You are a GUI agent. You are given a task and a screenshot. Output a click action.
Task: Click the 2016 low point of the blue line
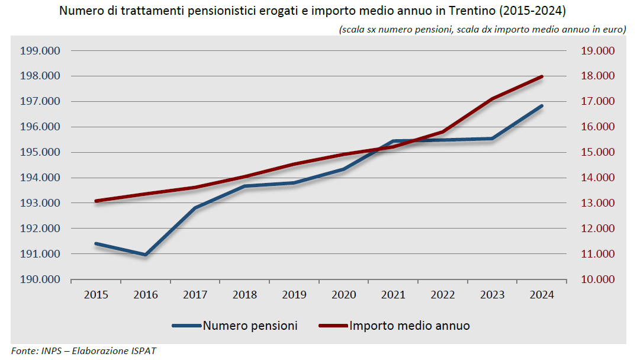pos(146,255)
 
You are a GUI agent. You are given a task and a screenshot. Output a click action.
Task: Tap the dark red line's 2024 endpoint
pos(542,76)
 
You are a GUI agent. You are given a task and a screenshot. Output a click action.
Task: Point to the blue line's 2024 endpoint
pos(542,106)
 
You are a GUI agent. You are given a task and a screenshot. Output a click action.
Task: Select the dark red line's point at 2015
pos(96,201)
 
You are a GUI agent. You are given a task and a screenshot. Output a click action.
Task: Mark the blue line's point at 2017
pos(195,208)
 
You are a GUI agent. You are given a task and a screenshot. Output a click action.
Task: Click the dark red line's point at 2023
pos(493,99)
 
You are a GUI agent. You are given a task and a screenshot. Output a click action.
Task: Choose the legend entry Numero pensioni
pos(235,326)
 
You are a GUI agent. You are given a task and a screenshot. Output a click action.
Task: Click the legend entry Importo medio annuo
pos(394,326)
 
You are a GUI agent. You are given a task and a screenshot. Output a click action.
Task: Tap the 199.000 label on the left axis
pos(40,51)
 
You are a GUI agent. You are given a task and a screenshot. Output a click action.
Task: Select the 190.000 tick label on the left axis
pos(40,279)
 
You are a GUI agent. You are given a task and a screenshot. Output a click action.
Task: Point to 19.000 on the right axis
pos(597,51)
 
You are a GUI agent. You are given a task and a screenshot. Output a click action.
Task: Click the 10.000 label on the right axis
pos(597,279)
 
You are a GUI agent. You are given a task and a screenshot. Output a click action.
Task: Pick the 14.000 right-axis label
pos(597,178)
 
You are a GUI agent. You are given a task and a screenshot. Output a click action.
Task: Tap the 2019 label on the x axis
pos(294,295)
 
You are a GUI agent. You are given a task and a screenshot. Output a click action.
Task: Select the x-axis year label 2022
pos(443,295)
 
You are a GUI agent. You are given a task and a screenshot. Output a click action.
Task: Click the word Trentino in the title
pos(472,11)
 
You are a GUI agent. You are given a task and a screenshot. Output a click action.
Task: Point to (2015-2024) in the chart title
pos(532,11)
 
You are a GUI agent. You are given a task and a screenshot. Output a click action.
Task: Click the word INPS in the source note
pos(51,351)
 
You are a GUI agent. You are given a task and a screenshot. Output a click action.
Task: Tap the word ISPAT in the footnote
pos(143,351)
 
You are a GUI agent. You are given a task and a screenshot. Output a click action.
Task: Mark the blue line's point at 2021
pos(393,141)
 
